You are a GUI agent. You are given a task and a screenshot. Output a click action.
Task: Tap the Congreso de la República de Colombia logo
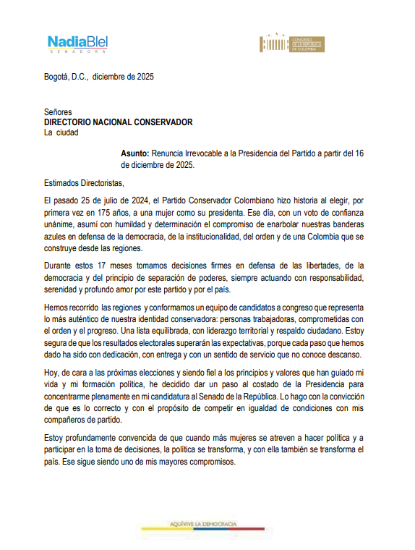(293, 43)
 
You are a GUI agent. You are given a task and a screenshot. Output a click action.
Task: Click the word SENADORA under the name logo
(77, 52)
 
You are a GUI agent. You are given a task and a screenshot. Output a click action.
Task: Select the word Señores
(58, 113)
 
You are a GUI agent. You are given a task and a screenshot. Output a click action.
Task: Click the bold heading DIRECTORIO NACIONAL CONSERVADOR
(119, 122)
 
